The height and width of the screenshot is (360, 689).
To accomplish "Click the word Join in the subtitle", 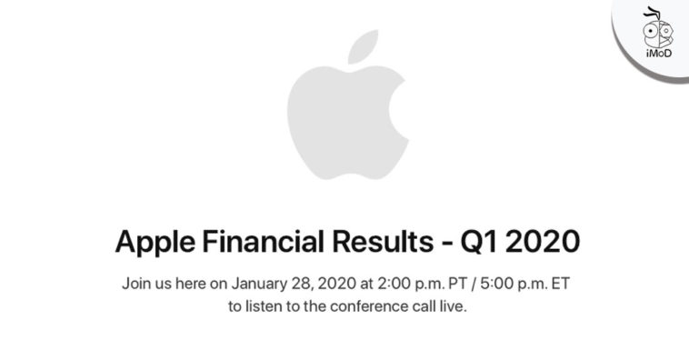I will tap(136, 284).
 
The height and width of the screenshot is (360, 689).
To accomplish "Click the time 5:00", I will tap(484, 284).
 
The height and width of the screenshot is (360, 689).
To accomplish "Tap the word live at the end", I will tap(451, 307).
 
